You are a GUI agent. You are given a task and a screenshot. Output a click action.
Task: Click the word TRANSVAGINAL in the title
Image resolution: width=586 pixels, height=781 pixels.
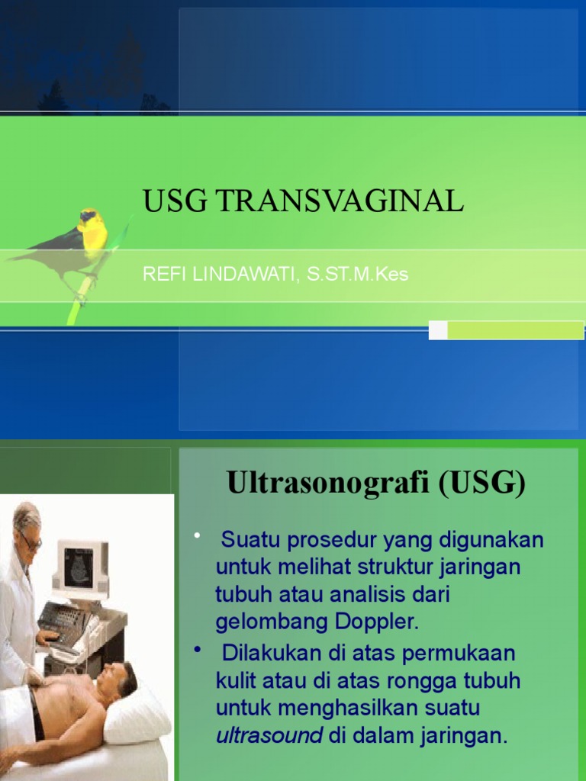click(340, 201)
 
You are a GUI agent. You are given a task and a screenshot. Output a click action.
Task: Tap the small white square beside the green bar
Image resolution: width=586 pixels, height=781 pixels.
click(438, 330)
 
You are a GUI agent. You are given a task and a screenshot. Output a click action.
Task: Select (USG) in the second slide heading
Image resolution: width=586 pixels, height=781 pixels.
click(482, 484)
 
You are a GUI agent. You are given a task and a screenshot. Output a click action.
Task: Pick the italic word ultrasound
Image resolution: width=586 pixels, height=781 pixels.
click(269, 736)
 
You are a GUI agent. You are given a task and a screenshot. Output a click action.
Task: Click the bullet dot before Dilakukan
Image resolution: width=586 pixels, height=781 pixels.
click(198, 648)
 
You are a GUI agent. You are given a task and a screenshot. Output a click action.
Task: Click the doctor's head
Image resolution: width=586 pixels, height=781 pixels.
click(26, 526)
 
